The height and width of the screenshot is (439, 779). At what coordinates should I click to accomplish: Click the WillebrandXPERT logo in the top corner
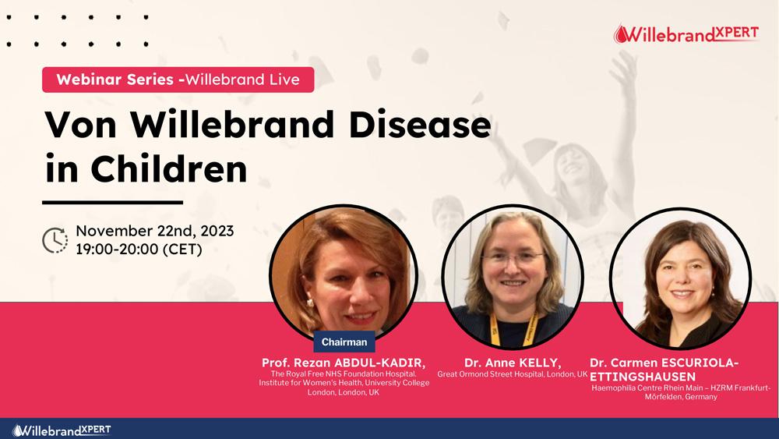(686, 34)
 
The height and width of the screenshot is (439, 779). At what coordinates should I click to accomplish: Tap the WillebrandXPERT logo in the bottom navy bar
(62, 430)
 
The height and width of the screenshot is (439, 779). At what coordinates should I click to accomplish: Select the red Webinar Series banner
(178, 80)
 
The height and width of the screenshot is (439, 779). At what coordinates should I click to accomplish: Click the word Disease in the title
(420, 124)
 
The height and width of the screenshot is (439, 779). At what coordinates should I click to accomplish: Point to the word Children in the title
(168, 169)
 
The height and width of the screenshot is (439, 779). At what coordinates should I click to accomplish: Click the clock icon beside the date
(55, 240)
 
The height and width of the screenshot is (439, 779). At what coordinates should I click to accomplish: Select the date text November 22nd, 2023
(154, 231)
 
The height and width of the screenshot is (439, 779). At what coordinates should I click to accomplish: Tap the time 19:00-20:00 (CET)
(139, 249)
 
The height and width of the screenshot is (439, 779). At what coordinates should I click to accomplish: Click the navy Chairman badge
(344, 342)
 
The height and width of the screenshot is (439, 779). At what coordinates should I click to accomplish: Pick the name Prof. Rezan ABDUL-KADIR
(344, 363)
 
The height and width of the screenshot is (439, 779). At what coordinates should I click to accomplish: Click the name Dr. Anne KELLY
(513, 363)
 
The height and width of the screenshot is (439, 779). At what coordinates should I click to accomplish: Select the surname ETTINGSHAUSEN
(643, 377)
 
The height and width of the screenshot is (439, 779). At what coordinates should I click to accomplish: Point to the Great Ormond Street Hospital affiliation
(513, 374)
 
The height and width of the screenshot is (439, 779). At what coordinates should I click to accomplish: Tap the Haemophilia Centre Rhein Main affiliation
(681, 392)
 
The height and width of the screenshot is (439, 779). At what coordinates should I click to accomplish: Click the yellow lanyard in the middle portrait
(513, 329)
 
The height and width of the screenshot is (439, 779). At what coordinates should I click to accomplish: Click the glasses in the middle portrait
(513, 258)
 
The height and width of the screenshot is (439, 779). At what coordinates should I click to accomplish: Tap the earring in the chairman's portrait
(309, 302)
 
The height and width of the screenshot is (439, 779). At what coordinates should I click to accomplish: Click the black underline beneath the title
(113, 203)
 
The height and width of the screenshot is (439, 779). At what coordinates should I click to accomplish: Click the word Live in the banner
(284, 80)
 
